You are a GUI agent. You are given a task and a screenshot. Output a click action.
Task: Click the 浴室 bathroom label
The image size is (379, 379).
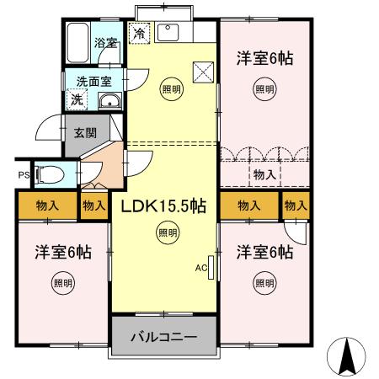point(104,42)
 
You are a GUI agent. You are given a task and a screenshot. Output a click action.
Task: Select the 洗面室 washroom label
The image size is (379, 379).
point(93,82)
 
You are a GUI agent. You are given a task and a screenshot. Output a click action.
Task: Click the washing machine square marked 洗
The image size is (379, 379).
point(77,99)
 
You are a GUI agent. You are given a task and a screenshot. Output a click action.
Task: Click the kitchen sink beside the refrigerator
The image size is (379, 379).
point(168,34)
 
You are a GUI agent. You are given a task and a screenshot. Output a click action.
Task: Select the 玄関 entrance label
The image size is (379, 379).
point(85,132)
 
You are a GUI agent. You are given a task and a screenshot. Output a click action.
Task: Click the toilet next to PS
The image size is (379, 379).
point(52,174)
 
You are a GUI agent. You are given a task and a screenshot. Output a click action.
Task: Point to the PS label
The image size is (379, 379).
point(23,175)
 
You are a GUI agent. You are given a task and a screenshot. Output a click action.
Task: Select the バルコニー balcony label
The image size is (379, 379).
point(163,337)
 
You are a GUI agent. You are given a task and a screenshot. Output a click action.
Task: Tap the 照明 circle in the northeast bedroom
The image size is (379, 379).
point(264,88)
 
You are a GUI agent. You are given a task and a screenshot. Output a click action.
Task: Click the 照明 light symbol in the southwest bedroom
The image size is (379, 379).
point(62,281)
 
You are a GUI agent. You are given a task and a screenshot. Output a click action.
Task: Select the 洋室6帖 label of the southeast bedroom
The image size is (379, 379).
point(264,251)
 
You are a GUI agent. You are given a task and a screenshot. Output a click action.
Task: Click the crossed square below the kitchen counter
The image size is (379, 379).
point(203,71)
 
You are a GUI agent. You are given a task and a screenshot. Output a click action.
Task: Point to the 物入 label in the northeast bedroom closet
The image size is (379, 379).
point(264,174)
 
